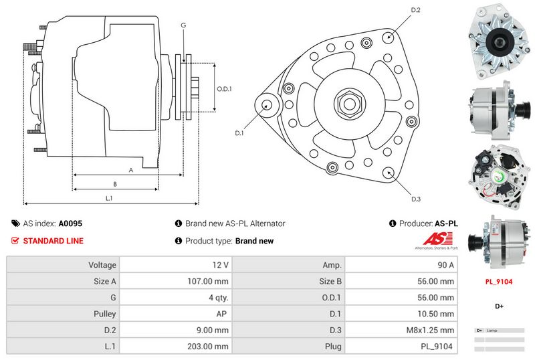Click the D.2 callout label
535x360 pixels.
(415, 10)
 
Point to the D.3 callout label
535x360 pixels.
(415, 199)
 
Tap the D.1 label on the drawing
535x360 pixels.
(240, 133)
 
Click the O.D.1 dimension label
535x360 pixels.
(224, 88)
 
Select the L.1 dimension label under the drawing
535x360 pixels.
(109, 197)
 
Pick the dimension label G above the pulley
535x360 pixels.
(183, 25)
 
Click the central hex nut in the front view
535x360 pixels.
(350, 105)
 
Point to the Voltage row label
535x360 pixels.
(102, 265)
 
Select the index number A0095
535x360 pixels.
(70, 224)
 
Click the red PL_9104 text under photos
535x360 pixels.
(499, 282)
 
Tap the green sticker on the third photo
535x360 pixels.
(498, 177)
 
